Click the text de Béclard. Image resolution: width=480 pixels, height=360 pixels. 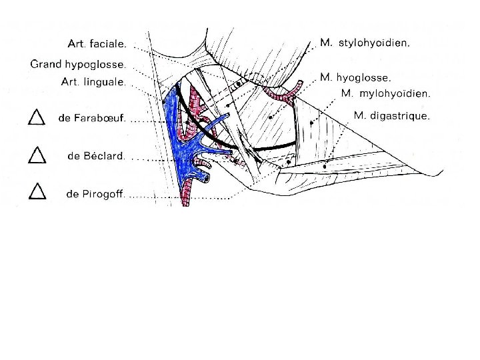pyautogui.click(x=96, y=156)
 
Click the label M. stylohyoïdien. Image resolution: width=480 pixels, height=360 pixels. pyautogui.click(x=365, y=43)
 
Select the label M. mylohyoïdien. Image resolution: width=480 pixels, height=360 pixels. pyautogui.click(x=385, y=93)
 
